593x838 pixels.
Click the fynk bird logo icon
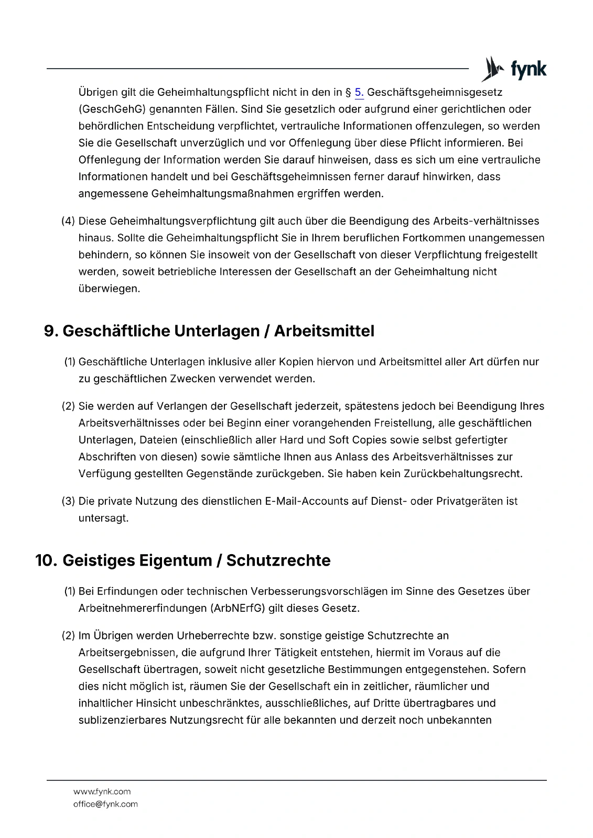[491, 69]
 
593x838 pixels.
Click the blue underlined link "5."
[359, 93]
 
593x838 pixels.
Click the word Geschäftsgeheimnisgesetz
[435, 93]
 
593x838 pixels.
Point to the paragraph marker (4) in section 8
[68, 221]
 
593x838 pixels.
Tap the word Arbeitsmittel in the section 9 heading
[324, 332]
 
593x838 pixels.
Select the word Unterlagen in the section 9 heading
[220, 332]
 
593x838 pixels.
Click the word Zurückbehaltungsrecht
[462, 474]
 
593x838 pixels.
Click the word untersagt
[103, 518]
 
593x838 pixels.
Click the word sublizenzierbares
[122, 720]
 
